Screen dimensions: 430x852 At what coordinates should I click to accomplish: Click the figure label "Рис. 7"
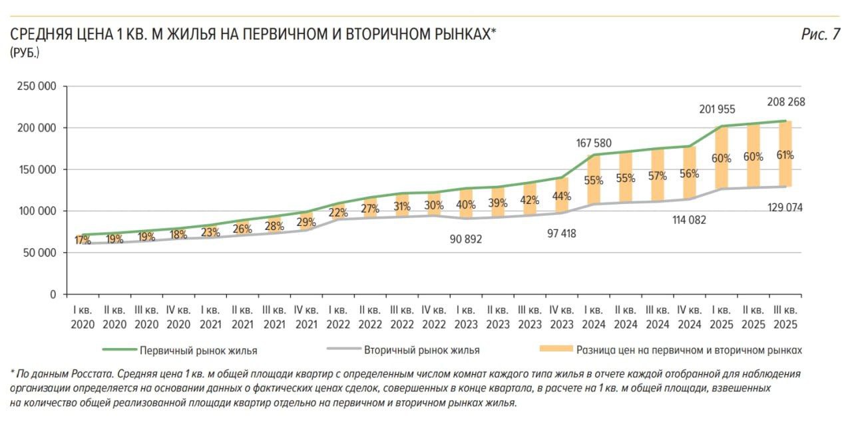point(820,35)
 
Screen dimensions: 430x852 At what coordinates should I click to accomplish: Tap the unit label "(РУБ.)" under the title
point(25,53)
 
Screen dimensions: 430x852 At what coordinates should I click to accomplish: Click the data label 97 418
point(559,234)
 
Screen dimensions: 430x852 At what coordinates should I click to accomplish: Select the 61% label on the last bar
point(784,155)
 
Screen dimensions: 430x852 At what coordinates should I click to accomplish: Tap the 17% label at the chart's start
point(83,240)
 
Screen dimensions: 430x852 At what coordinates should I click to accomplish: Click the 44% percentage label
point(561,196)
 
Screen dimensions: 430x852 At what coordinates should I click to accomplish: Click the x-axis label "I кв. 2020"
point(83,317)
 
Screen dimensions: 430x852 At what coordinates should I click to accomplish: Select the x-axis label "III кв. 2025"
point(785,317)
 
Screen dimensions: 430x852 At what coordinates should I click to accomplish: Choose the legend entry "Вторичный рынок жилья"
point(421,350)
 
